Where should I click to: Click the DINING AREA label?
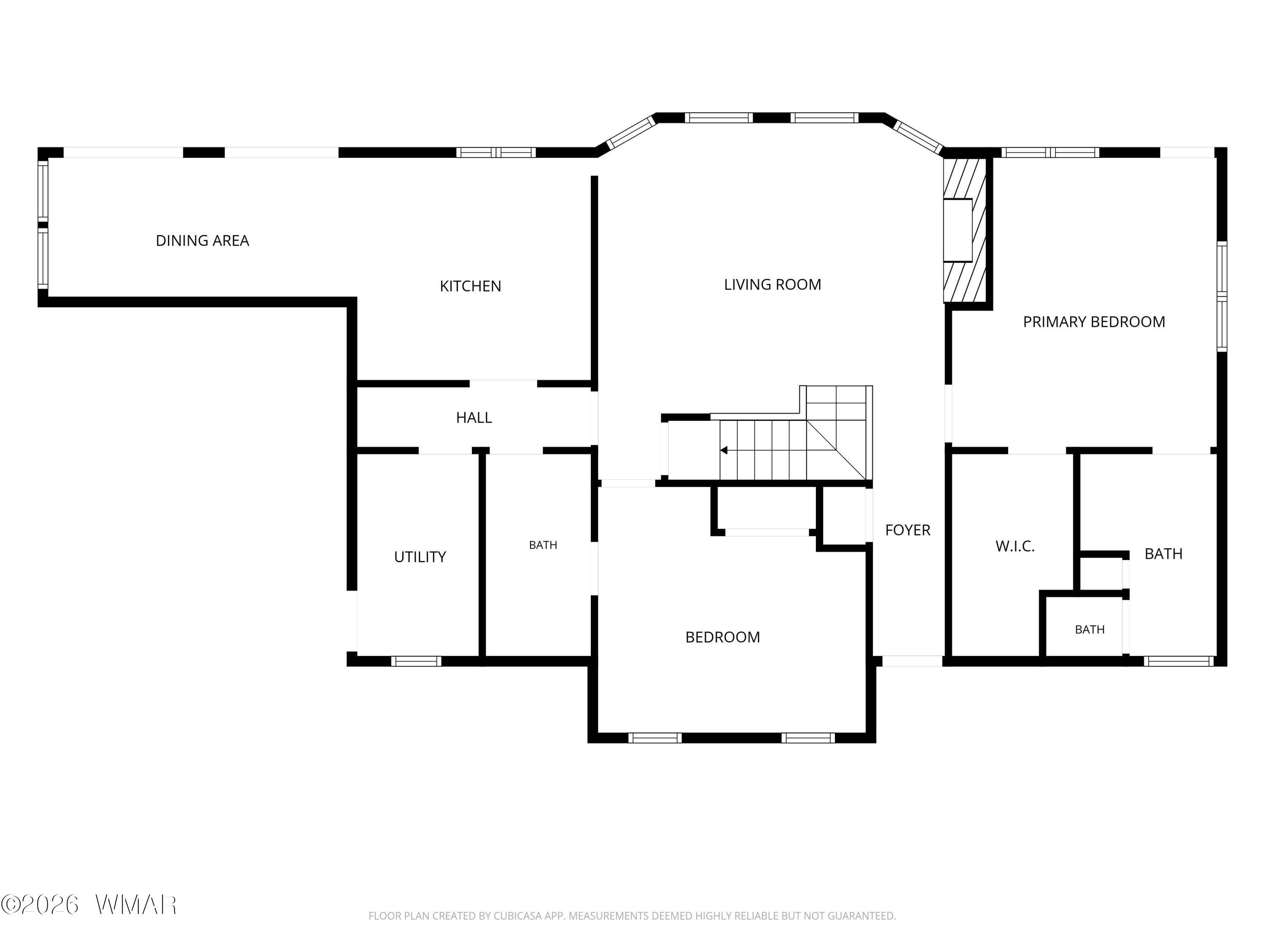(x=202, y=241)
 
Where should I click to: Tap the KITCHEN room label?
(x=470, y=286)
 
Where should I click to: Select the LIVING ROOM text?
(x=772, y=284)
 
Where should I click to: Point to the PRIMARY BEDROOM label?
(x=1094, y=322)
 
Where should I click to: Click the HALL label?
(x=474, y=418)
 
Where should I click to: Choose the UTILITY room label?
(x=420, y=557)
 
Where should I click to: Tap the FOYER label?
(x=907, y=530)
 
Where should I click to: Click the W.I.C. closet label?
(x=1015, y=546)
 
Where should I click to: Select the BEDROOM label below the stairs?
(x=723, y=637)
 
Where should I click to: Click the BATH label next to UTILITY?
(x=543, y=545)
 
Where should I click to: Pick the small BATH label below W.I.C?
(x=1090, y=630)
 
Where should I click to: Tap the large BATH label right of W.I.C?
(x=1163, y=554)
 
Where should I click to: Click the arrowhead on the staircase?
(x=724, y=450)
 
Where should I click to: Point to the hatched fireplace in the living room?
(x=965, y=230)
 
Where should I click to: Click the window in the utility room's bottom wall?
(x=416, y=661)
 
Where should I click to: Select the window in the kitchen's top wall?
(x=496, y=153)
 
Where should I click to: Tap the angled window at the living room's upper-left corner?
(x=630, y=133)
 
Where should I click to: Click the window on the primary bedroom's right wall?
(x=1222, y=296)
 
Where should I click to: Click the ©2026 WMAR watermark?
(x=89, y=905)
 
